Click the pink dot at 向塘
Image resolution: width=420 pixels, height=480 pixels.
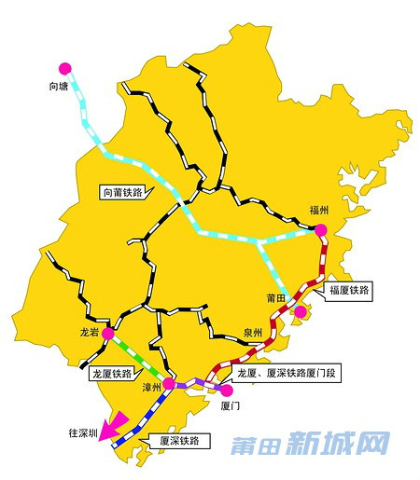click(x=64, y=68)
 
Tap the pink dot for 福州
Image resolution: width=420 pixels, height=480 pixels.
click(x=320, y=229)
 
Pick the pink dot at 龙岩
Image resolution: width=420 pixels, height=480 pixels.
click(x=108, y=333)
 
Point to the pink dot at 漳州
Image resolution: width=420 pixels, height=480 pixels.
click(x=169, y=384)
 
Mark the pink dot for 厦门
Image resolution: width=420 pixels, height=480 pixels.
click(x=224, y=391)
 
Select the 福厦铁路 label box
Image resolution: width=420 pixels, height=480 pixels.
click(x=350, y=291)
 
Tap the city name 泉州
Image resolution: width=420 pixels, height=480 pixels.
click(x=251, y=332)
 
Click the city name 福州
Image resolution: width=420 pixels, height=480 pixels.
click(x=319, y=211)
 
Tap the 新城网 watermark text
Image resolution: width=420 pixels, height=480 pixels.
click(x=338, y=444)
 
